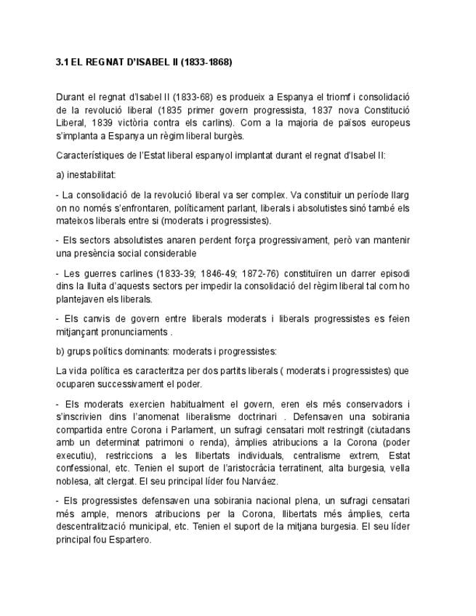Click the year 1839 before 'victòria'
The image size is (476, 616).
99,122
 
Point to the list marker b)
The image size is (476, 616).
60,352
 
